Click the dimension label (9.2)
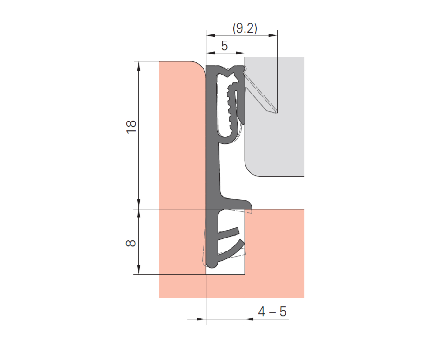coord(245,28)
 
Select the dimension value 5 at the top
coord(224,46)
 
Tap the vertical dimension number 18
coord(131,127)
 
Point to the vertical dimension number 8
coord(131,243)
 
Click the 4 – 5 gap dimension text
coord(272,312)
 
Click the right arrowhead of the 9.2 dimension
coord(273,35)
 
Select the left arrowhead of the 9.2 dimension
coord(211,35)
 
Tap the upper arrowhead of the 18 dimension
coord(138,66)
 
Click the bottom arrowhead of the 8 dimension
coord(138,270)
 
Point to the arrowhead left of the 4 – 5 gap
coord(201,319)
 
